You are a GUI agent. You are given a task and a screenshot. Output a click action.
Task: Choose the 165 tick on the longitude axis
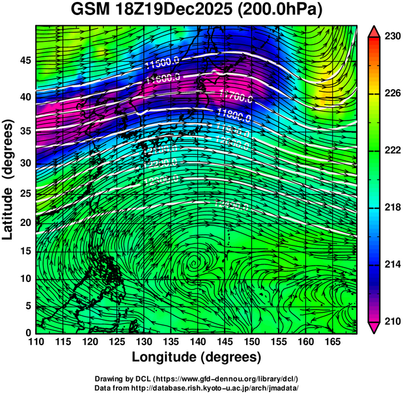pos(331,341)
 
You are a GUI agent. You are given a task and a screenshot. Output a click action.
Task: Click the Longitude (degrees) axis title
pos(197,358)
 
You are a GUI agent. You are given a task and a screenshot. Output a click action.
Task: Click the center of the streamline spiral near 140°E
pos(194,263)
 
